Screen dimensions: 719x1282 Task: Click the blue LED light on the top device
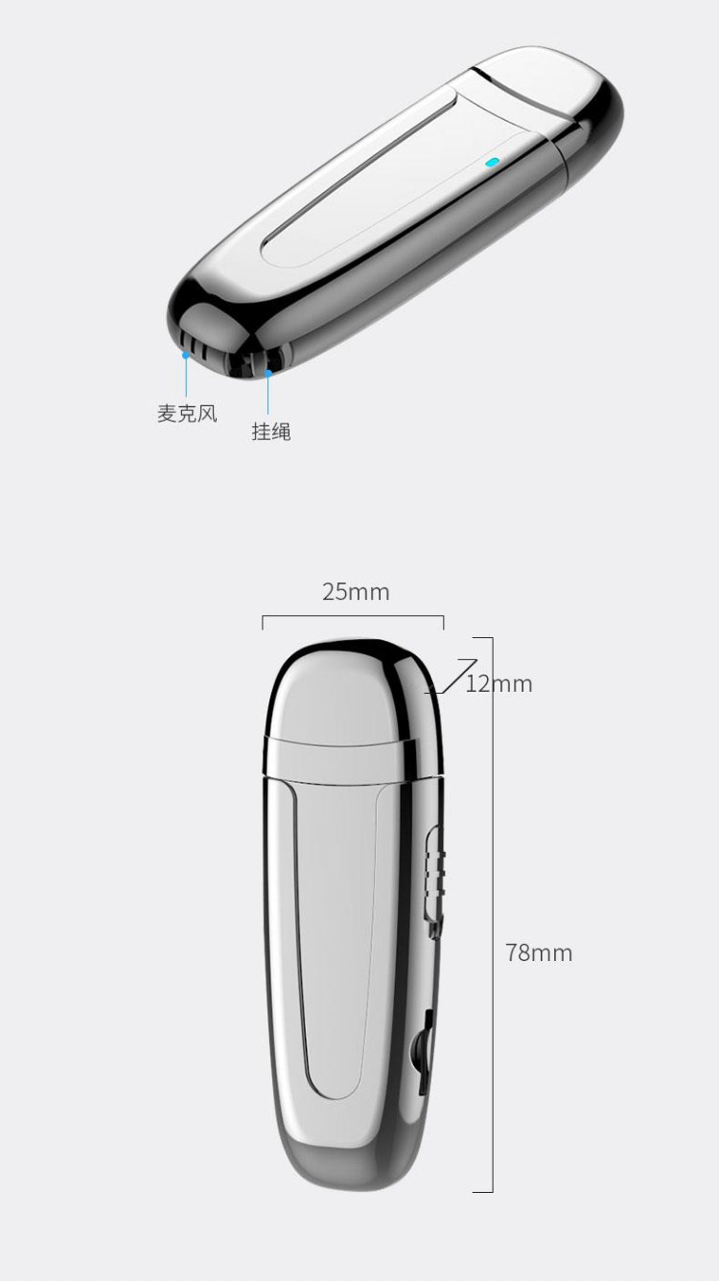coord(492,162)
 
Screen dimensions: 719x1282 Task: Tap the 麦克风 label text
coord(187,414)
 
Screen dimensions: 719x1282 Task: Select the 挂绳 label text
coord(271,432)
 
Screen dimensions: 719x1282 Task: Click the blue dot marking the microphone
coord(186,355)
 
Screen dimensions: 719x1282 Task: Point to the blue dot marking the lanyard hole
coord(268,370)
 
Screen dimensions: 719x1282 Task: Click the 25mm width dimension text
coord(356,592)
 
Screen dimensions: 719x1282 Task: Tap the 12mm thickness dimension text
coord(499,684)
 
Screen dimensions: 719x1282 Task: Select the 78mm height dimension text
coord(539,953)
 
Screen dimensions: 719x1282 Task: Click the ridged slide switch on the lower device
coord(433,867)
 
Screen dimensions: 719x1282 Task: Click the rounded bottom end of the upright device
coord(350,1164)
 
